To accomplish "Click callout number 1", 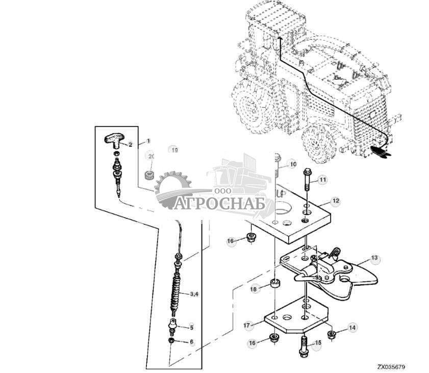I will [148, 140].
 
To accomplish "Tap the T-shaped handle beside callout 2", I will [115, 137].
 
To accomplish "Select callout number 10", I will [292, 164].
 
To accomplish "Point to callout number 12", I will [335, 201].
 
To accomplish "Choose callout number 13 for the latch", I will [374, 259].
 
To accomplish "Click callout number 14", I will [352, 328].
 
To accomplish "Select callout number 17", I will [246, 325].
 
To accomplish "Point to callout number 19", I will [174, 150].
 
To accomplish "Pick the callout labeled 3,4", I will [194, 294].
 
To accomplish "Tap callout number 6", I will [192, 342].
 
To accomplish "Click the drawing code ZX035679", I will [392, 366].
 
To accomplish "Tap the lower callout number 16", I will [251, 343].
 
